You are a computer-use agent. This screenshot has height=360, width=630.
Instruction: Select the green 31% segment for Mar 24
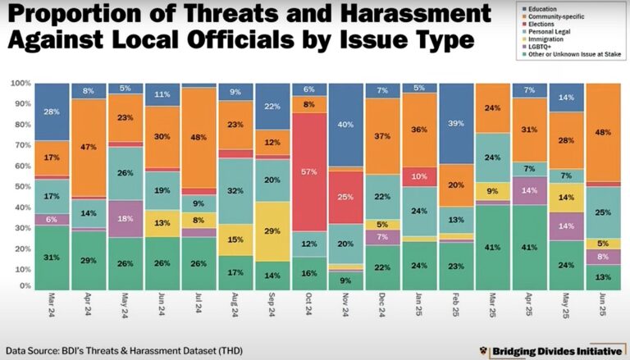click(51, 257)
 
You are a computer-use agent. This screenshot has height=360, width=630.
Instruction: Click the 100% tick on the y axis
click(20, 84)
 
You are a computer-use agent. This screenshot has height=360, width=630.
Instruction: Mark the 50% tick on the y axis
click(22, 185)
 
